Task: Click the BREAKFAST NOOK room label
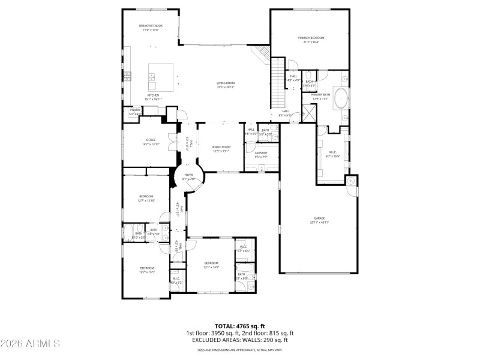151,26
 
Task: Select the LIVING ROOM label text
226,83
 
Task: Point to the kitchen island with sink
162,77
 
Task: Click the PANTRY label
135,110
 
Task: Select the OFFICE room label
134,140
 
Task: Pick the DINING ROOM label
221,147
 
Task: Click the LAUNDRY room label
260,153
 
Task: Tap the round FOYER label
189,175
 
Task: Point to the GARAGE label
319,218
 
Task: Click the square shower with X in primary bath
310,113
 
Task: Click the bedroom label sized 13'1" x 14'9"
210,263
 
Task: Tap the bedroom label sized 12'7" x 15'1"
147,268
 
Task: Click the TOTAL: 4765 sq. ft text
239,326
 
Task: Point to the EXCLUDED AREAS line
239,340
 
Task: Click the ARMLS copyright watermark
30,344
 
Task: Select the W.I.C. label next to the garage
332,152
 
